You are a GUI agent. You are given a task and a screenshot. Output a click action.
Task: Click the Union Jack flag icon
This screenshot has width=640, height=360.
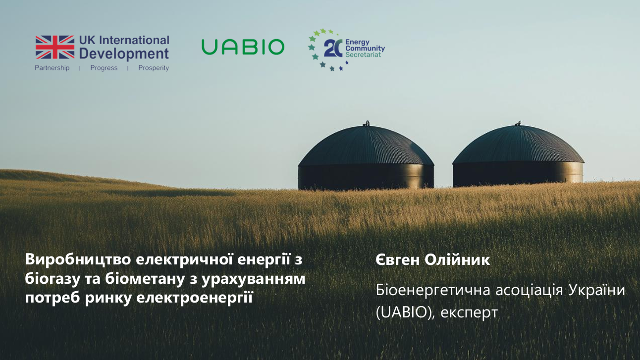tap(54, 47)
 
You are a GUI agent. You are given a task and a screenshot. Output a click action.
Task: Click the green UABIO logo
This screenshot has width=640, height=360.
tap(243, 47)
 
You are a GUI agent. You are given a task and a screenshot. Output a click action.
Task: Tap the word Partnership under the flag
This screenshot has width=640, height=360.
tap(52, 68)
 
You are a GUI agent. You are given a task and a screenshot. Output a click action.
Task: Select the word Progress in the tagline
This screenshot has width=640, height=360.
tap(104, 68)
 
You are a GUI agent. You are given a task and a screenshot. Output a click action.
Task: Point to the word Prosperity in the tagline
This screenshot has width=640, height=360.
tap(154, 68)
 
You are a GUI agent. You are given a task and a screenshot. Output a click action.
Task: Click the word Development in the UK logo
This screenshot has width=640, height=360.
tap(124, 53)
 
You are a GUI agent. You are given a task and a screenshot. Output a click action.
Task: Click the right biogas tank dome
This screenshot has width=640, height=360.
tap(518, 146)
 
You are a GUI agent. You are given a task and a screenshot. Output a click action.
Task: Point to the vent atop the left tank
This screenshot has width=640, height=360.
tap(367, 123)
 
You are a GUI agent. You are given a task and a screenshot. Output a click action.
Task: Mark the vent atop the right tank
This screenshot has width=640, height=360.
tap(518, 123)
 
